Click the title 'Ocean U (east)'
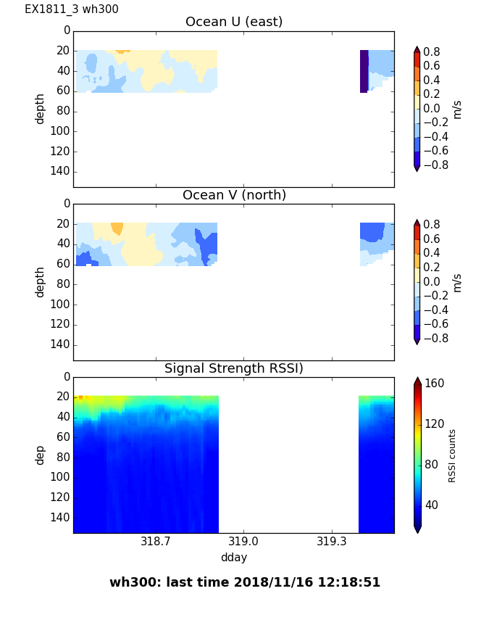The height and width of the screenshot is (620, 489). tap(234, 22)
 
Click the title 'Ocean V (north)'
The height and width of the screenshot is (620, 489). tap(234, 195)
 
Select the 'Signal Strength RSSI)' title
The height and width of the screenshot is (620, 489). tap(234, 368)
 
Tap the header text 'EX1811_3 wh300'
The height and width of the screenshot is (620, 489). tap(72, 9)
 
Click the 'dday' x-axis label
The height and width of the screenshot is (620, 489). tap(234, 558)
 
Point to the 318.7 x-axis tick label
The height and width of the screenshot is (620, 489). tap(155, 542)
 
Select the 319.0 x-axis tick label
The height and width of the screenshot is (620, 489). tap(243, 542)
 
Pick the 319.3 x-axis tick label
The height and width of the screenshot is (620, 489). tap(332, 542)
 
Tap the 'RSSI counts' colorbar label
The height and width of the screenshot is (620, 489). tap(452, 455)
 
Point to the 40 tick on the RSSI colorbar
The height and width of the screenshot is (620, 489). tap(432, 505)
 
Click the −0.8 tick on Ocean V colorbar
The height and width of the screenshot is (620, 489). tap(434, 338)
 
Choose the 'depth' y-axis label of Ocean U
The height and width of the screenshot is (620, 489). tap(41, 109)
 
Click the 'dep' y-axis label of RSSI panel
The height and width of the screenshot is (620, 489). tap(41, 455)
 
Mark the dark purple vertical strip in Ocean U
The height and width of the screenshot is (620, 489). tap(364, 71)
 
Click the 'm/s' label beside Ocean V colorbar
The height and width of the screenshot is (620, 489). tap(457, 282)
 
